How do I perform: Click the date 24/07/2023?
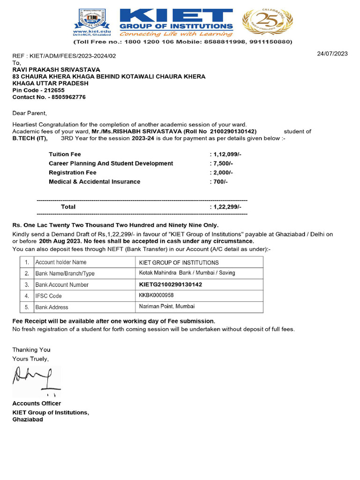332,53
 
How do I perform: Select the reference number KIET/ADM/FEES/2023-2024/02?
72,56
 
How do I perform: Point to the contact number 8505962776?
49,97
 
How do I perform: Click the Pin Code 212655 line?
38,90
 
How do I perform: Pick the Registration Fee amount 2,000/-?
222,172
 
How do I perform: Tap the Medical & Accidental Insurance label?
94,181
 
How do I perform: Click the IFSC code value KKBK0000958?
157,296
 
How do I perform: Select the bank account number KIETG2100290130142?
171,285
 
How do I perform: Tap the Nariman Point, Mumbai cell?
167,307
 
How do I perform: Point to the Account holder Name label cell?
61,262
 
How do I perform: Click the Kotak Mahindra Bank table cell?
187,273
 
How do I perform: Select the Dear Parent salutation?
30,113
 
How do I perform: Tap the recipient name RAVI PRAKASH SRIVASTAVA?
56,69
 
